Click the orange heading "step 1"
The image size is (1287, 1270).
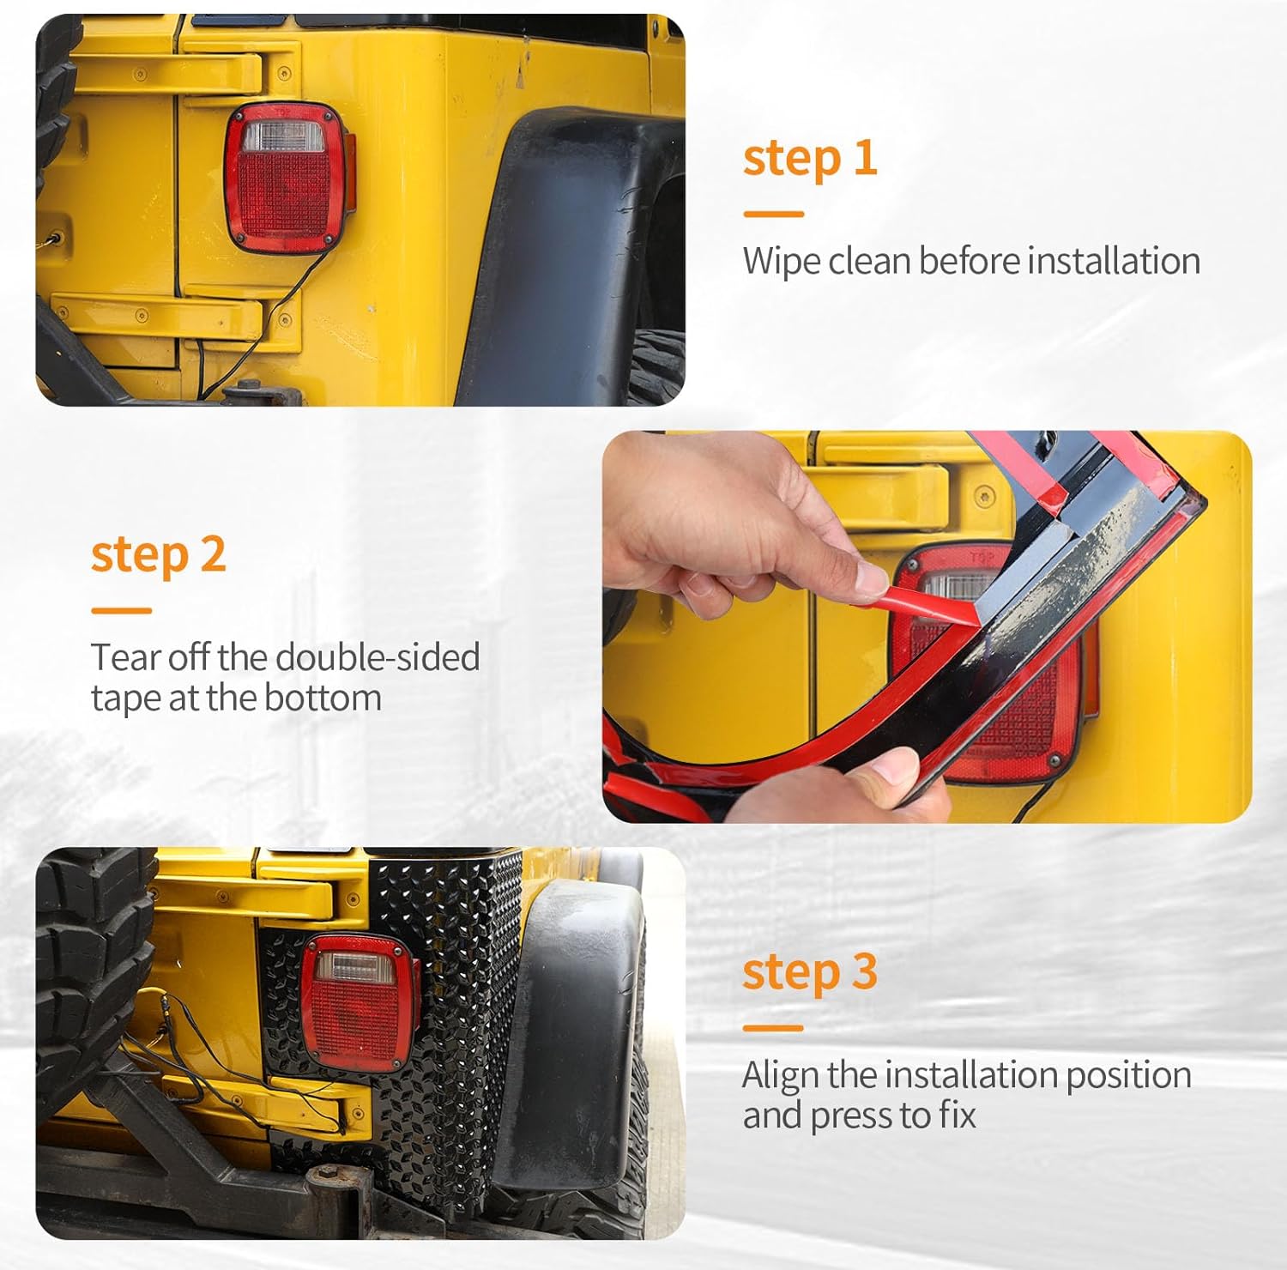(810, 160)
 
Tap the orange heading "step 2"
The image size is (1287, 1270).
(159, 555)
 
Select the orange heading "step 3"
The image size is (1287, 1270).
(810, 972)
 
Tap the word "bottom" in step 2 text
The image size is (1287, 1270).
(323, 698)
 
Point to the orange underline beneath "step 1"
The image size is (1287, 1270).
(773, 215)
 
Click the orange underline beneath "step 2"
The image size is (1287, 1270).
(121, 611)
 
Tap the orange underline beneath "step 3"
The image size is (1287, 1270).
(773, 1028)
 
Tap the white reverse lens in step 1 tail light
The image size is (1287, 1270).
(282, 136)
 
